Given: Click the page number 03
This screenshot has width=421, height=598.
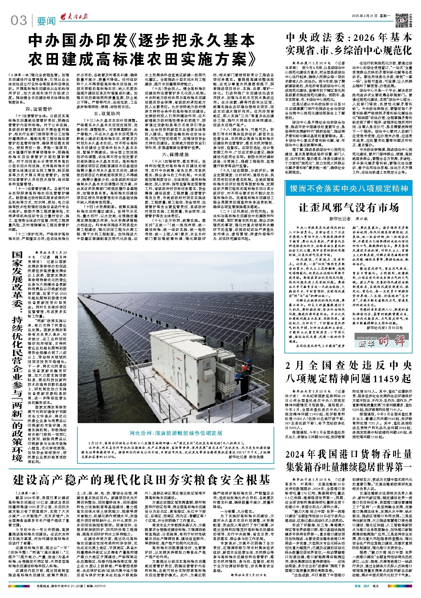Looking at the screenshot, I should (x=19, y=21).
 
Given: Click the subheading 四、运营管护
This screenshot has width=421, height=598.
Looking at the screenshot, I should (x=39, y=109).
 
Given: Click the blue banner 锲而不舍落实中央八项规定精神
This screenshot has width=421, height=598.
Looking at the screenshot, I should (x=349, y=189).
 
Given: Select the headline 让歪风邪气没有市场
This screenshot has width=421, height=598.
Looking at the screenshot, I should (x=349, y=208).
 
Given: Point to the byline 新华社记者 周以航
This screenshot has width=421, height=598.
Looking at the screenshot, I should (x=349, y=218).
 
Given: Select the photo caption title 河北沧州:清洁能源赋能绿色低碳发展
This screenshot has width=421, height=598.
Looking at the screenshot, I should (x=176, y=433).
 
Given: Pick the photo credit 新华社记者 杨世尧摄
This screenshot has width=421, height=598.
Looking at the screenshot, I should (x=246, y=457).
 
